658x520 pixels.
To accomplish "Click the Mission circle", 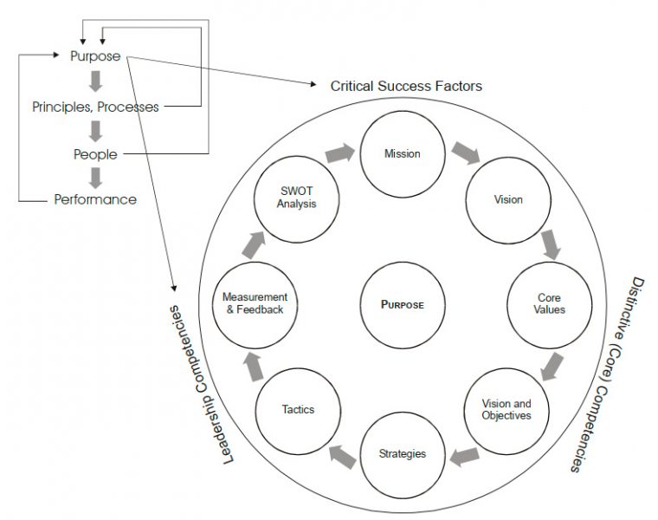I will (x=401, y=154).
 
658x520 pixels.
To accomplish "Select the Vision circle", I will (x=507, y=199).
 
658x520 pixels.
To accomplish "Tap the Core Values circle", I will (x=550, y=303).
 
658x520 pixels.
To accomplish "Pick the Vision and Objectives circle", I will (x=506, y=409).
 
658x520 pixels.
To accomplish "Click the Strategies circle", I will (x=403, y=453).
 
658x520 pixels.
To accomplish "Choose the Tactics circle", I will (x=297, y=409).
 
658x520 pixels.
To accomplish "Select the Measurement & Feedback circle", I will (x=254, y=303).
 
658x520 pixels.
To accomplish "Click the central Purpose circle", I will (x=402, y=304).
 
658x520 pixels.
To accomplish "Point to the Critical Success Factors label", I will (x=406, y=87).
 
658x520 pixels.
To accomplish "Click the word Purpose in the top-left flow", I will (x=96, y=57).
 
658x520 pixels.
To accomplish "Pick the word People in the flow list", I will (x=95, y=155).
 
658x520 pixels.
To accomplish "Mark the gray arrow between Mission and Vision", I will (x=467, y=153).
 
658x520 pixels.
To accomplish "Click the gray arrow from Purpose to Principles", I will (x=96, y=82).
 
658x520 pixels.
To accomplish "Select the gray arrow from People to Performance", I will (x=96, y=178).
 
